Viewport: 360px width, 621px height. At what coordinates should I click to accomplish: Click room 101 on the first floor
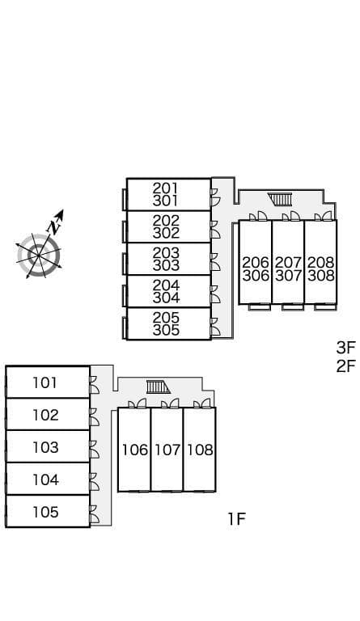(x=48, y=382)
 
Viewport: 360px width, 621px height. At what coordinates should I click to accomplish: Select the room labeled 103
(x=48, y=446)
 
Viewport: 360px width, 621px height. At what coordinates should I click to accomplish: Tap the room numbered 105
(x=48, y=511)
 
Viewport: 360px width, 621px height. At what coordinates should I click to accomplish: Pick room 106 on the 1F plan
(x=134, y=450)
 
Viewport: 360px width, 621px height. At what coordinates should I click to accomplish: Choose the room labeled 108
(x=200, y=450)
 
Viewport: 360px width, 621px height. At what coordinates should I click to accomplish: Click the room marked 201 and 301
(x=169, y=194)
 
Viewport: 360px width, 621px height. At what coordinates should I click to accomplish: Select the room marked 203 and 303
(x=169, y=259)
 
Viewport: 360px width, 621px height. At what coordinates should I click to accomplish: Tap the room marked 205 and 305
(x=169, y=323)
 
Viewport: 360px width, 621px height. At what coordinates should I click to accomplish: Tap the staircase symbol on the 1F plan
(x=158, y=387)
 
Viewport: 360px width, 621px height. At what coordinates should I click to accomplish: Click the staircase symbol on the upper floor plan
(x=280, y=199)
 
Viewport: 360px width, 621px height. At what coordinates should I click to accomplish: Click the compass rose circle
(x=39, y=256)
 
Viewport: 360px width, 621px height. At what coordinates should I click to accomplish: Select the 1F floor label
(x=237, y=518)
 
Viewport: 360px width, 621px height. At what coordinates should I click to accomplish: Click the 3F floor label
(x=346, y=348)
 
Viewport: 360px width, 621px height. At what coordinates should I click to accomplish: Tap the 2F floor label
(x=346, y=366)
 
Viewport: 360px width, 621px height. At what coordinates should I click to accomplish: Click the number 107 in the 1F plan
(x=167, y=450)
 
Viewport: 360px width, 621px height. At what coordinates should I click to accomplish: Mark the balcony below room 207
(x=293, y=307)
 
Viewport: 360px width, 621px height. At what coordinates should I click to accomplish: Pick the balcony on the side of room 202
(x=125, y=232)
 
